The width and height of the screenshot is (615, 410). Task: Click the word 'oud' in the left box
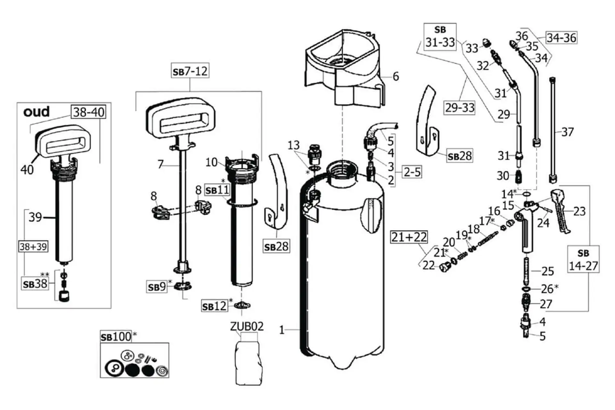37,111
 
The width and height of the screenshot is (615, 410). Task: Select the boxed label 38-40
88,112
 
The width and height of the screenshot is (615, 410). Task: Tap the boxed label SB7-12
190,71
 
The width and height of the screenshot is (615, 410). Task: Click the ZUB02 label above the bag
247,326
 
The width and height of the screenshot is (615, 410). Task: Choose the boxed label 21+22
409,237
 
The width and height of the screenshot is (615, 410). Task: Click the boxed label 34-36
561,38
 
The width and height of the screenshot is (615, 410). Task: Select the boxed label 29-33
460,108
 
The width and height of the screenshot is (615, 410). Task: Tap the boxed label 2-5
412,172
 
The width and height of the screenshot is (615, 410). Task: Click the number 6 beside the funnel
396,77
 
